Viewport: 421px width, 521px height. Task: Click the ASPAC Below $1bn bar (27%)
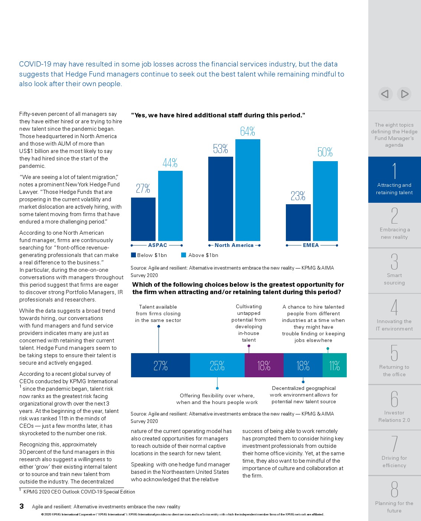[143, 219]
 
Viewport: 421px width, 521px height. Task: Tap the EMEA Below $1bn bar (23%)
[298, 222]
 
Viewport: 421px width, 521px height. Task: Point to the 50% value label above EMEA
[325, 152]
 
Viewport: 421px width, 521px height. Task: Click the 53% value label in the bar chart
[220, 149]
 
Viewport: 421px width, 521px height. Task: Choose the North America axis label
[234, 245]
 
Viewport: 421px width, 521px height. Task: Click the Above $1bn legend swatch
[183, 255]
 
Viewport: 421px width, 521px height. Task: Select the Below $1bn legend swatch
[133, 255]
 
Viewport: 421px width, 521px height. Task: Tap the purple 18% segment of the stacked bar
[264, 365]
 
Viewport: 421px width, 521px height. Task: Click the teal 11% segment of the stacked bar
[334, 365]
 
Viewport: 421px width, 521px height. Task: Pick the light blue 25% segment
[217, 365]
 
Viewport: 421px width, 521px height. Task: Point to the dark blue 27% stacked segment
[160, 365]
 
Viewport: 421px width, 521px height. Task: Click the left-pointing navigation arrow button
[385, 94]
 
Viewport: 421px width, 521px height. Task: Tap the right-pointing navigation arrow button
[404, 94]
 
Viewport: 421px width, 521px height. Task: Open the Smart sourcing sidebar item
[394, 271]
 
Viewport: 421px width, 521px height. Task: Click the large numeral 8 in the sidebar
[394, 489]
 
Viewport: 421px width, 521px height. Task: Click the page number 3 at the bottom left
[22, 506]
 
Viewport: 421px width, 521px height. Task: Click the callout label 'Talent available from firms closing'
[158, 313]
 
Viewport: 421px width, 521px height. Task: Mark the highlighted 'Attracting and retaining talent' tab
[394, 180]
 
